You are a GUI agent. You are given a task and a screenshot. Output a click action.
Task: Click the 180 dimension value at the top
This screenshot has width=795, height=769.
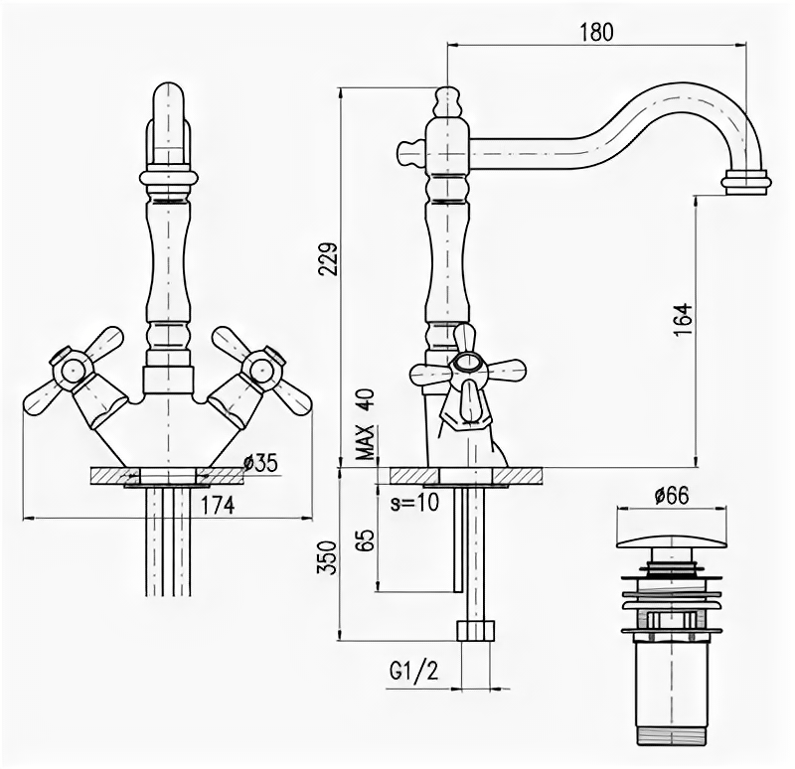[595, 31]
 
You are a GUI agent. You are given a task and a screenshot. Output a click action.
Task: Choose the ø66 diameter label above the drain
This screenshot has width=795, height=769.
[672, 493]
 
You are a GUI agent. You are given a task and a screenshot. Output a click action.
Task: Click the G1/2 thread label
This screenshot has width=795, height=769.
[413, 672]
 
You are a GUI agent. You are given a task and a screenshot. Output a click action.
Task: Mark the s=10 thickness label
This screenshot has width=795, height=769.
[413, 503]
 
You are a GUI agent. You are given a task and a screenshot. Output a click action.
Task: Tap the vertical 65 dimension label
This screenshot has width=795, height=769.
[365, 540]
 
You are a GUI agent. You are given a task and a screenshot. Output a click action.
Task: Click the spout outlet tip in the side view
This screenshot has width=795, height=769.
[745, 181]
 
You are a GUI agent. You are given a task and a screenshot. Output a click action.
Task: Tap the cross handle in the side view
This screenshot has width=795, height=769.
[467, 375]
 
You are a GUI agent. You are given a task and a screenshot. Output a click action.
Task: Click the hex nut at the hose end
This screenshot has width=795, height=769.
[475, 631]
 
